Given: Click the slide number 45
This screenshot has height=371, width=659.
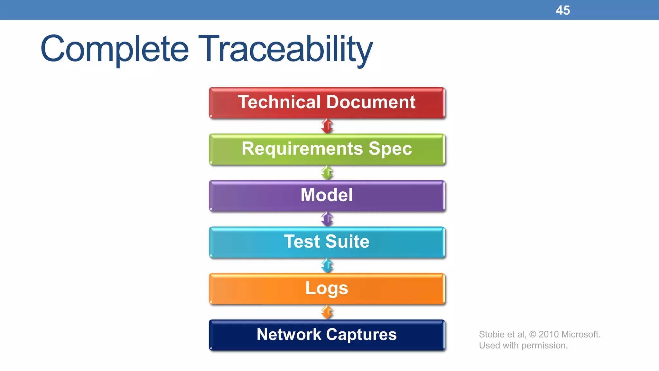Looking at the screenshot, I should (x=562, y=10).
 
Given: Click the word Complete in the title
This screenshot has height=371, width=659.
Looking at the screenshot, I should (x=114, y=49).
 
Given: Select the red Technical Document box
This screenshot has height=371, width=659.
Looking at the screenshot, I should (x=327, y=102).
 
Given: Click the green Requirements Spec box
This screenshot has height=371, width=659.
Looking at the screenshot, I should (x=327, y=149).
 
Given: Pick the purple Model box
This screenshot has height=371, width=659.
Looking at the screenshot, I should (x=327, y=195).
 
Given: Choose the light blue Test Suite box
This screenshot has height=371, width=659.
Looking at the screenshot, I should (x=327, y=242).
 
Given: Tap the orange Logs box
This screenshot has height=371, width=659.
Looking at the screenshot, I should (x=327, y=289).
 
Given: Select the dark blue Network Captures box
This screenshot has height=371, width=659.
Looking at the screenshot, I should (x=327, y=335).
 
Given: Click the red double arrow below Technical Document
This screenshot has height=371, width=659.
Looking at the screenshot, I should (x=327, y=126).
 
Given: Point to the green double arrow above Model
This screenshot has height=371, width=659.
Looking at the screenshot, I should (x=327, y=173).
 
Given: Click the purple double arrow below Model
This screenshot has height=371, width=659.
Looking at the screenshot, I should (x=327, y=219).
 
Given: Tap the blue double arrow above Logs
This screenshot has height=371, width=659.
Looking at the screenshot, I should (x=327, y=265).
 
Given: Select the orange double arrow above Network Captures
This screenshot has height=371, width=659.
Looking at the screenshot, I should (x=327, y=312).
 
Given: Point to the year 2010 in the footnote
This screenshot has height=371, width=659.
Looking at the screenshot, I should (x=548, y=334).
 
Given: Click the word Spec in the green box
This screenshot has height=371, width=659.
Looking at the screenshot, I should (x=390, y=149).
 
